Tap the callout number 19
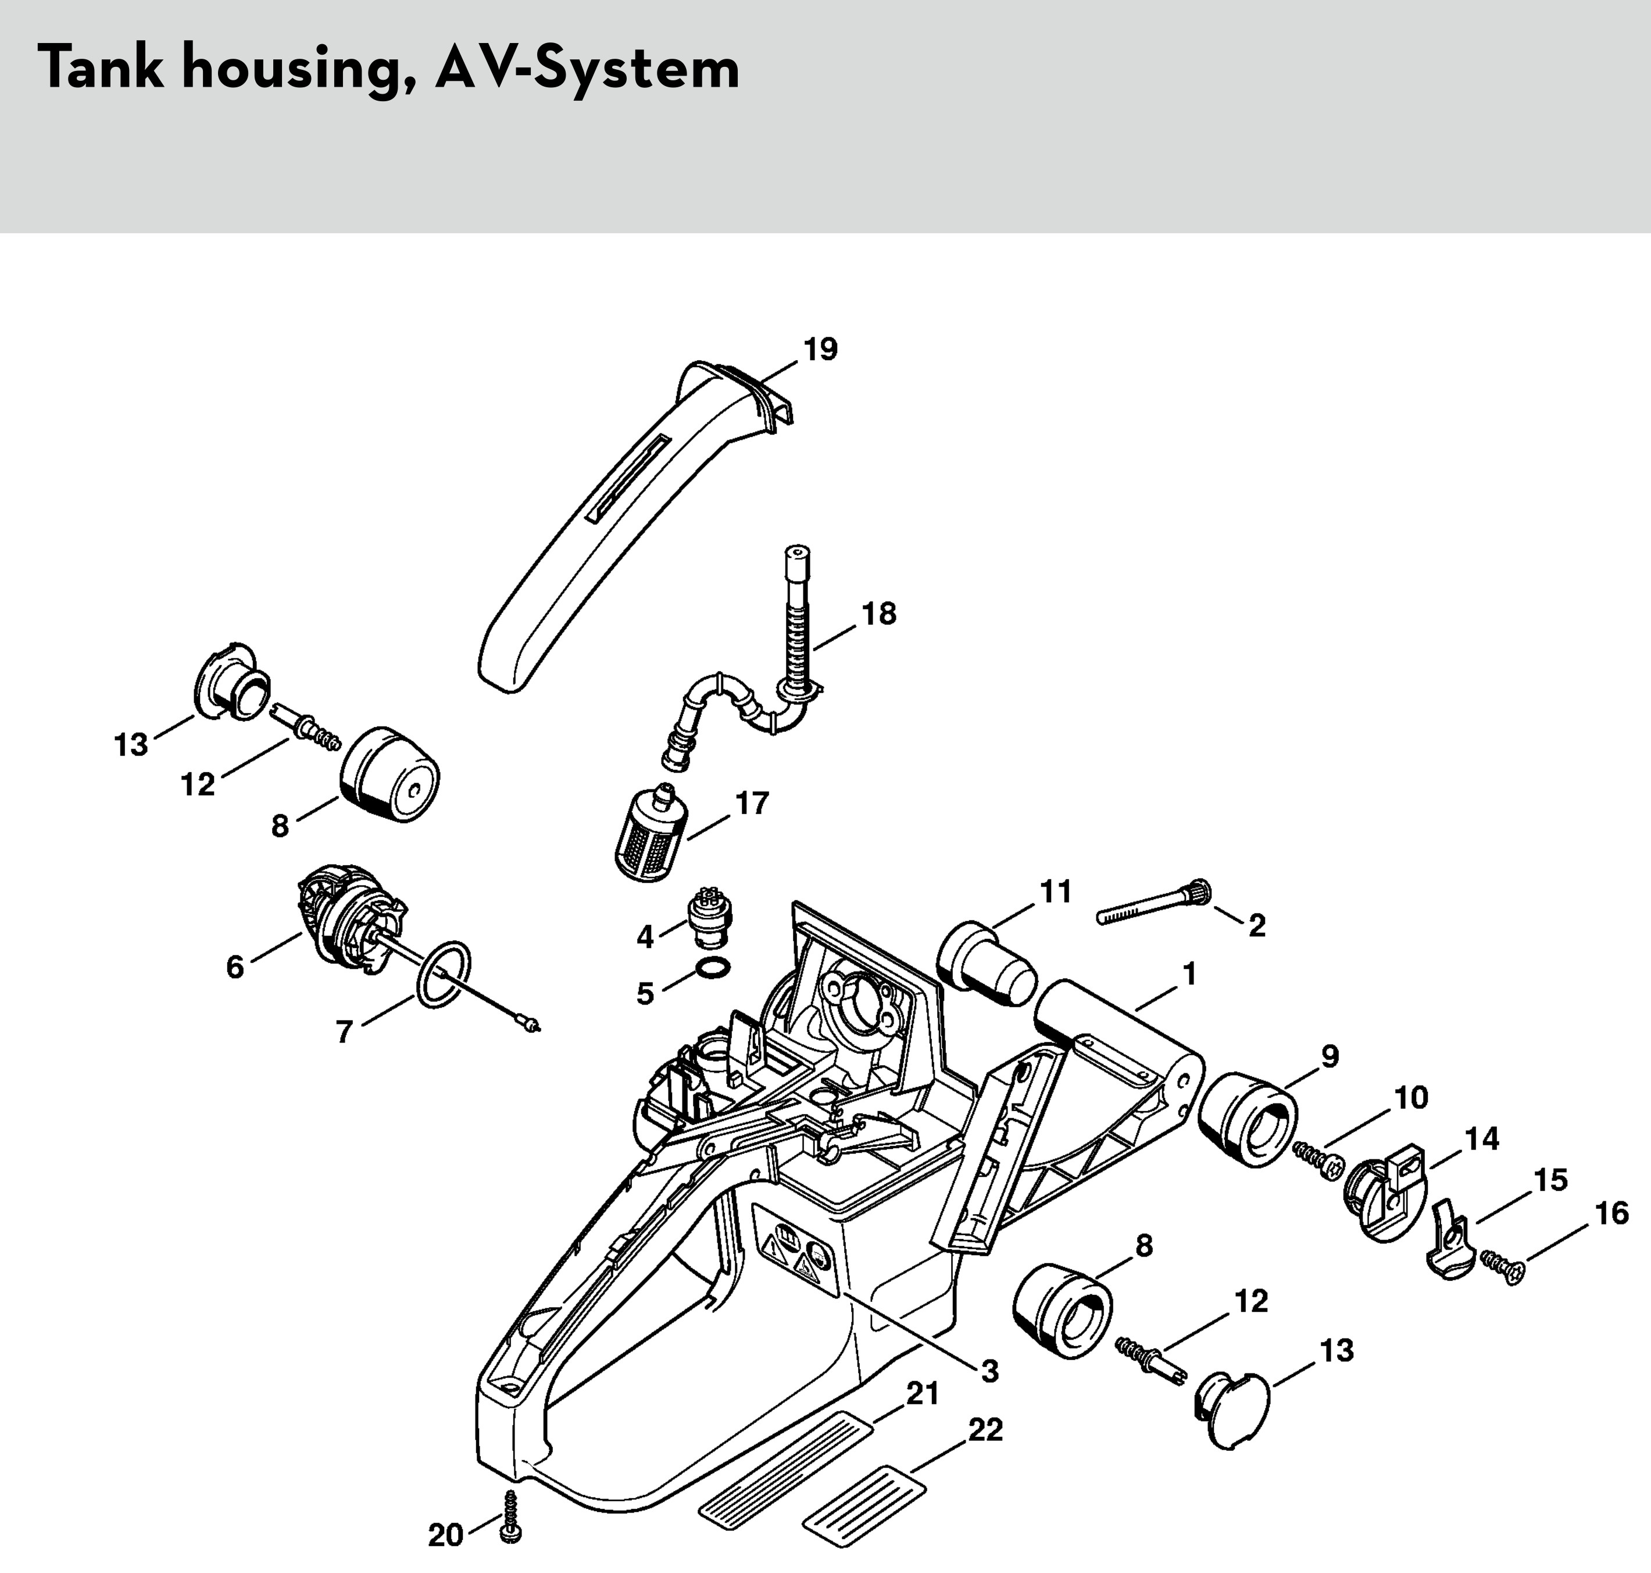point(820,349)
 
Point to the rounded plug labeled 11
point(987,965)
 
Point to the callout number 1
point(1188,974)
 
